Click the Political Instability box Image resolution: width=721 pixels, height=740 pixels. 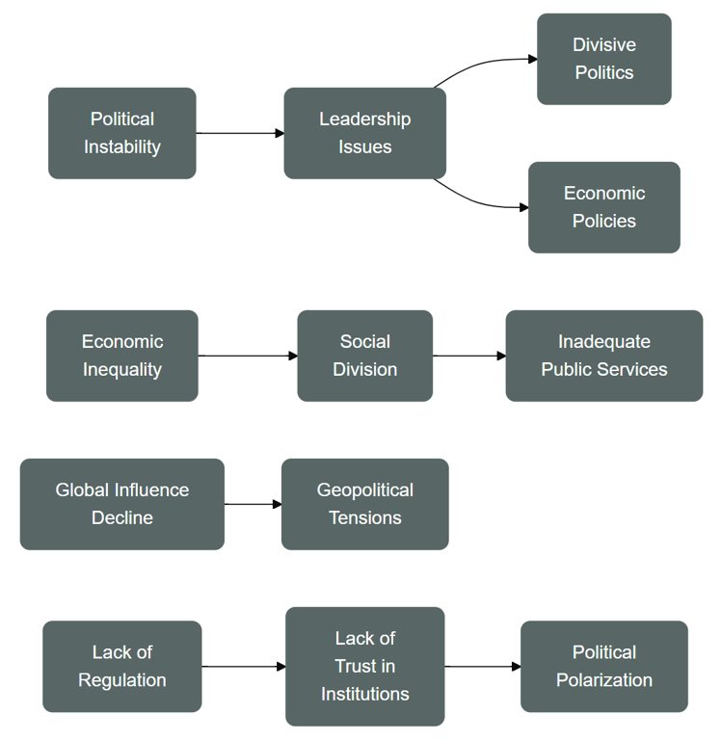pos(122,133)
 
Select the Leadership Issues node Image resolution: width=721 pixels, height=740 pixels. pos(365,133)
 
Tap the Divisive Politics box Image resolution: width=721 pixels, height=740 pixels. pos(604,59)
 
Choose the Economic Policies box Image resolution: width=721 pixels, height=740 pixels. pos(604,207)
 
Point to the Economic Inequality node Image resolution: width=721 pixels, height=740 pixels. pos(122,356)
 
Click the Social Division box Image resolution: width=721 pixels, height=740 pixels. pos(365,356)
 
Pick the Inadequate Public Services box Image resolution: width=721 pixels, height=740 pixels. pos(604,356)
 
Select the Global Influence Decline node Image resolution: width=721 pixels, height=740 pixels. pos(122,504)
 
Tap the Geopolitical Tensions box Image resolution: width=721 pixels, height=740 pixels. pos(365,504)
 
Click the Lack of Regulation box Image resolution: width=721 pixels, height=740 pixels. pos(122,667)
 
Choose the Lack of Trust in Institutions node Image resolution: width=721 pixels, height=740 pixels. pos(365,667)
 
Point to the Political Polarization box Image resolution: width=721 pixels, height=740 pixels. pos(604,667)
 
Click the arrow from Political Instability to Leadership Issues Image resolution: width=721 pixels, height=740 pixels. pos(240,133)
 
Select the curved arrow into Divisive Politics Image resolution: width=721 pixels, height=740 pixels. pos(482,64)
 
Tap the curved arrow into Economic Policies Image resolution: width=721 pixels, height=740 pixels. pos(477,202)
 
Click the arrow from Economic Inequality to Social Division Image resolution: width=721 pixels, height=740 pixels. pos(248,356)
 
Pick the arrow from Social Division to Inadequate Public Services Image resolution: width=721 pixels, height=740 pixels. pos(468,356)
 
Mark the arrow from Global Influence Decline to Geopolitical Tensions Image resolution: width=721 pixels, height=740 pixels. pos(253,504)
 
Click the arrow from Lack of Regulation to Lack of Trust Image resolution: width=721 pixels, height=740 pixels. pos(244,667)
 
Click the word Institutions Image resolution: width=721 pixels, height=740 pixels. pos(365,694)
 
